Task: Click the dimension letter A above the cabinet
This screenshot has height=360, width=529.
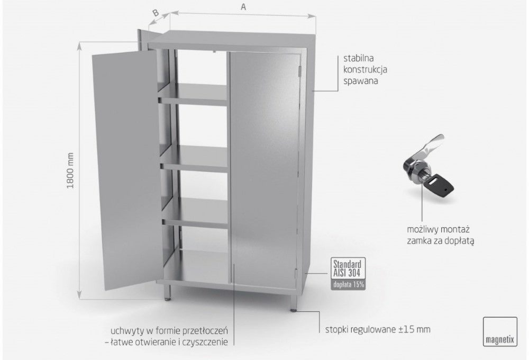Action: (243, 7)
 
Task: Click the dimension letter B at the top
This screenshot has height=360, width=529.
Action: (156, 13)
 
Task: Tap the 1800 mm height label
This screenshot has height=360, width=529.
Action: (70, 170)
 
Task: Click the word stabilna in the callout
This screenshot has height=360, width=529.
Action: (359, 58)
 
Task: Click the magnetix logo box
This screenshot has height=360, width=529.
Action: (500, 331)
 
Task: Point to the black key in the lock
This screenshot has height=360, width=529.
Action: (440, 185)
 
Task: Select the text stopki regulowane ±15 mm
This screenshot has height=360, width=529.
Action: (378, 329)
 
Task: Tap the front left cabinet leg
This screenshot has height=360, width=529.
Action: (167, 292)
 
